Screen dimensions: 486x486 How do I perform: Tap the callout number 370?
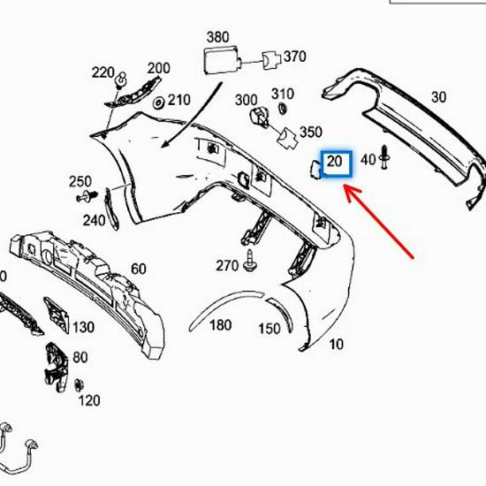click(294, 57)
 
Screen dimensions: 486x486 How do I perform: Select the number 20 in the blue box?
click(335, 162)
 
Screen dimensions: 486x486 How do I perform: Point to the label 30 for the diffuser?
click(438, 97)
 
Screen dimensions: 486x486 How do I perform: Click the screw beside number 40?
click(386, 156)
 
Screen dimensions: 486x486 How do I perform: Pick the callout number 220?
click(104, 72)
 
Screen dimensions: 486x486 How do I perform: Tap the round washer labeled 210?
click(159, 103)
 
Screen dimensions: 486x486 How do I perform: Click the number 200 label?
click(159, 69)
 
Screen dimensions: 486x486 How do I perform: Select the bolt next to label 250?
click(87, 194)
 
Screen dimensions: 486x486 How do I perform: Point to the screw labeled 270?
click(252, 262)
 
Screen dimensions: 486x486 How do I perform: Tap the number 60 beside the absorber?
click(139, 269)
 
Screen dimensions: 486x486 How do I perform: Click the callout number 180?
click(221, 325)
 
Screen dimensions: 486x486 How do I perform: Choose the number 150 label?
click(270, 330)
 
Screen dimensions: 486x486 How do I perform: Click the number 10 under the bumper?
click(335, 344)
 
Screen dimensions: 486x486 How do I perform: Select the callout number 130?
click(83, 327)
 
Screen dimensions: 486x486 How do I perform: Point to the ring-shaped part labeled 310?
click(282, 109)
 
